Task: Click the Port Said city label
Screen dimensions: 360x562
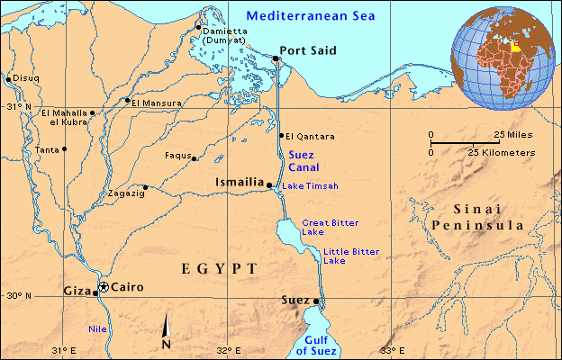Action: [308, 51]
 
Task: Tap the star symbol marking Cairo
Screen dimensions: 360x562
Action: [104, 286]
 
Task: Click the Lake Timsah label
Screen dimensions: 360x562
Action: [310, 186]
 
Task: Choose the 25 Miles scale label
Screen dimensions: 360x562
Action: [512, 135]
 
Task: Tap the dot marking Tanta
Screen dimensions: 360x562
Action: [64, 148]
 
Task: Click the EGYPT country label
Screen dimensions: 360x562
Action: [220, 269]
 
